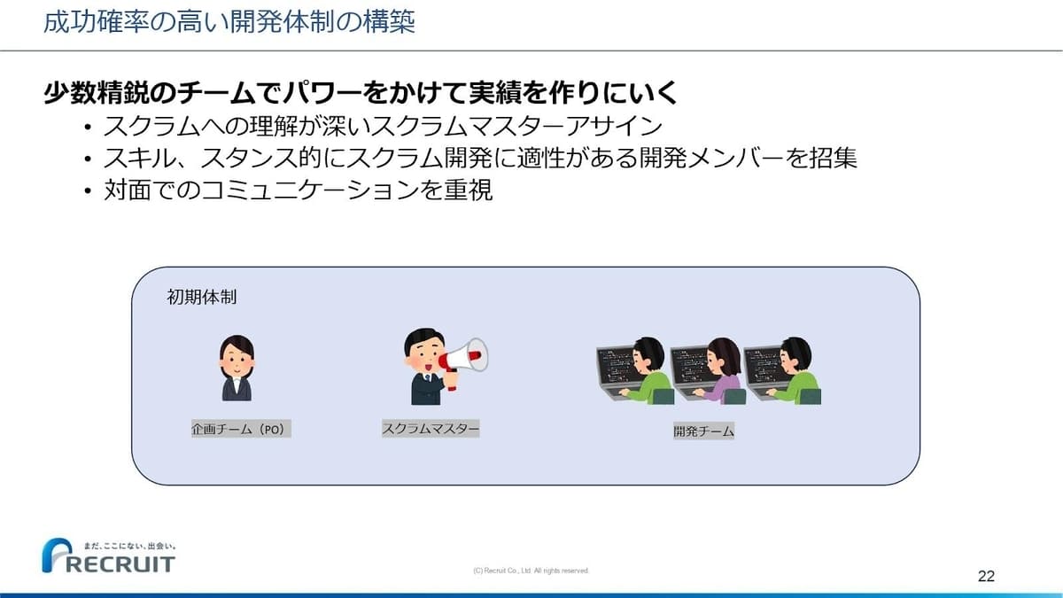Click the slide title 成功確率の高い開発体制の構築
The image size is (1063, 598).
point(229,22)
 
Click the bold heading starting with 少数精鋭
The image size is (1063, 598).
point(361,92)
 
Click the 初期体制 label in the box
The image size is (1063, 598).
point(202,297)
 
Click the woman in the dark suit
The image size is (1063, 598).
point(237,368)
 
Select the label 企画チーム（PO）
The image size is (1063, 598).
point(241,429)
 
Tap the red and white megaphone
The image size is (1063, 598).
point(462,360)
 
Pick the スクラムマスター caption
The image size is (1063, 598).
point(431,429)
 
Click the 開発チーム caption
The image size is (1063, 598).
point(703,431)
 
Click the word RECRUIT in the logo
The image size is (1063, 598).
point(120,564)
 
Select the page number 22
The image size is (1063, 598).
point(986,576)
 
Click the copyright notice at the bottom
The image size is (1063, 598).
point(531,571)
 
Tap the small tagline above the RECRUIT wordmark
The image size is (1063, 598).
point(130,547)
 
